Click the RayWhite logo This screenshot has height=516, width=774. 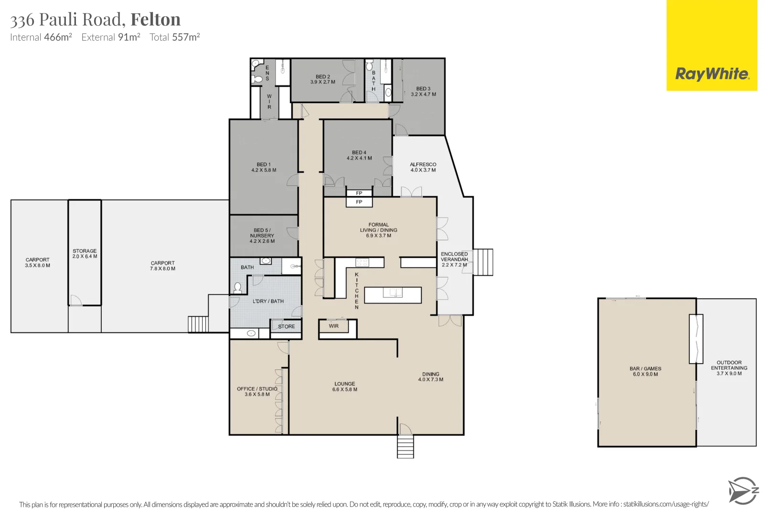[x=711, y=74]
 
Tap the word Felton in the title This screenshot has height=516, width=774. [x=155, y=20]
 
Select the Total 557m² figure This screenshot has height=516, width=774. [x=174, y=37]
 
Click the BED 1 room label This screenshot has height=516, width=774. [x=263, y=167]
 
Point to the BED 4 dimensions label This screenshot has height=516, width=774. [x=359, y=158]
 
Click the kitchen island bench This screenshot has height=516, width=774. [x=393, y=295]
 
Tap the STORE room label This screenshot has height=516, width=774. [x=286, y=326]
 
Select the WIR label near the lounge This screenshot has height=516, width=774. [x=333, y=326]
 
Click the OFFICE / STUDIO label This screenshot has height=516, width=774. [x=257, y=391]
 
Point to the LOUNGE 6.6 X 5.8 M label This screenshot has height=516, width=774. [x=344, y=387]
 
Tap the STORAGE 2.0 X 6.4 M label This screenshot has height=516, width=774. [x=85, y=254]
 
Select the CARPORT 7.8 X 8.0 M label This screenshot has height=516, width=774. [x=162, y=266]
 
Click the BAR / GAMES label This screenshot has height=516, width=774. [x=645, y=371]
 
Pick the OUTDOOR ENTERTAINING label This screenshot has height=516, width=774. [x=729, y=368]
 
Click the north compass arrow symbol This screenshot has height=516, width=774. [x=742, y=491]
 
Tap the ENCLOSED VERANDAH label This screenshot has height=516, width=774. [x=454, y=259]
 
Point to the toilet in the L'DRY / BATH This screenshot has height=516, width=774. [x=237, y=288]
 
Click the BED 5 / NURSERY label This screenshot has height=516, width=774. [x=262, y=236]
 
